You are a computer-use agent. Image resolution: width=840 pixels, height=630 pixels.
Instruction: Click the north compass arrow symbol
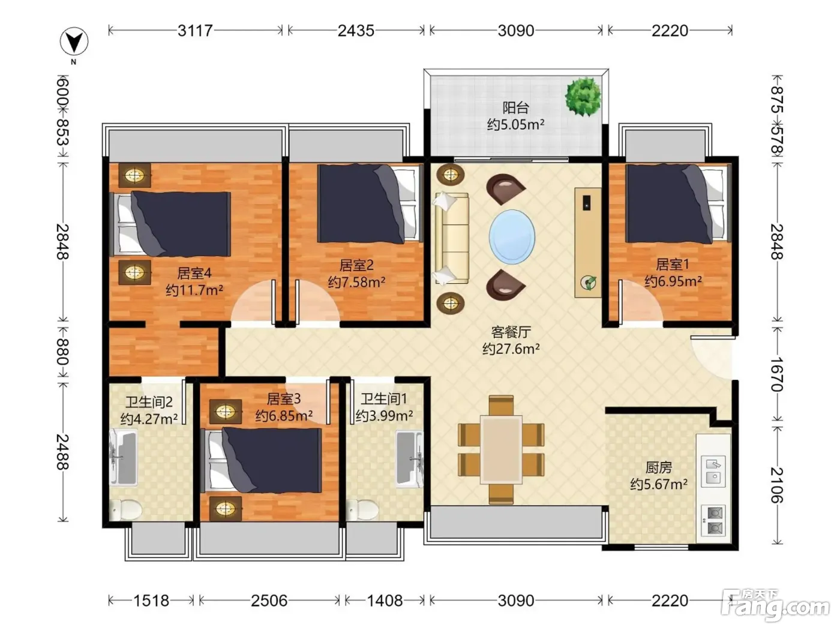point(74,41)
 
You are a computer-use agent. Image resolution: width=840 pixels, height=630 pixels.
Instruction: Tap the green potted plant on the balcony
point(583,97)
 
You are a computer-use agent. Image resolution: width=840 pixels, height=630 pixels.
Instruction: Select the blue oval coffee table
point(512,236)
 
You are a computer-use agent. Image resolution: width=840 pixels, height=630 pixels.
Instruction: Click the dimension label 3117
point(195,31)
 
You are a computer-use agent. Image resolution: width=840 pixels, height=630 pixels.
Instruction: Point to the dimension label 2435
point(356,31)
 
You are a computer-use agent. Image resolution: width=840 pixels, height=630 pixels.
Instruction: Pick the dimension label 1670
point(776,374)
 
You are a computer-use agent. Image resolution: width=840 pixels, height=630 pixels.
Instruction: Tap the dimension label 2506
point(269,601)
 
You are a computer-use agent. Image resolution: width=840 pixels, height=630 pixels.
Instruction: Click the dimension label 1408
point(385,601)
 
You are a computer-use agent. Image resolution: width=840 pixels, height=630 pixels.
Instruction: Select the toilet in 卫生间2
point(125,509)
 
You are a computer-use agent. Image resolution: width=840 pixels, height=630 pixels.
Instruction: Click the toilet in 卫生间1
point(362,509)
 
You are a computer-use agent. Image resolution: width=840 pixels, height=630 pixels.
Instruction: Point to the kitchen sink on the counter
point(713,471)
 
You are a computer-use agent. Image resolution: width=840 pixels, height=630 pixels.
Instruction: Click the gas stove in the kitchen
point(713,520)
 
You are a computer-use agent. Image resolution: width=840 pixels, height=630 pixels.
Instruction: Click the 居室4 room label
point(194,273)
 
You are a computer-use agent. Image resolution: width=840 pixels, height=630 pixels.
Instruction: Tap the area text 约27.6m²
point(511,349)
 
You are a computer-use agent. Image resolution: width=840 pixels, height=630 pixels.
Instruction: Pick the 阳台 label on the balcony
point(515,108)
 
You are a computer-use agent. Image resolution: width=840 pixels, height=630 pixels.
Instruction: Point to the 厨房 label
point(659,467)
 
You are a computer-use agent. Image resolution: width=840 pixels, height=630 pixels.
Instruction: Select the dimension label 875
point(776,99)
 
